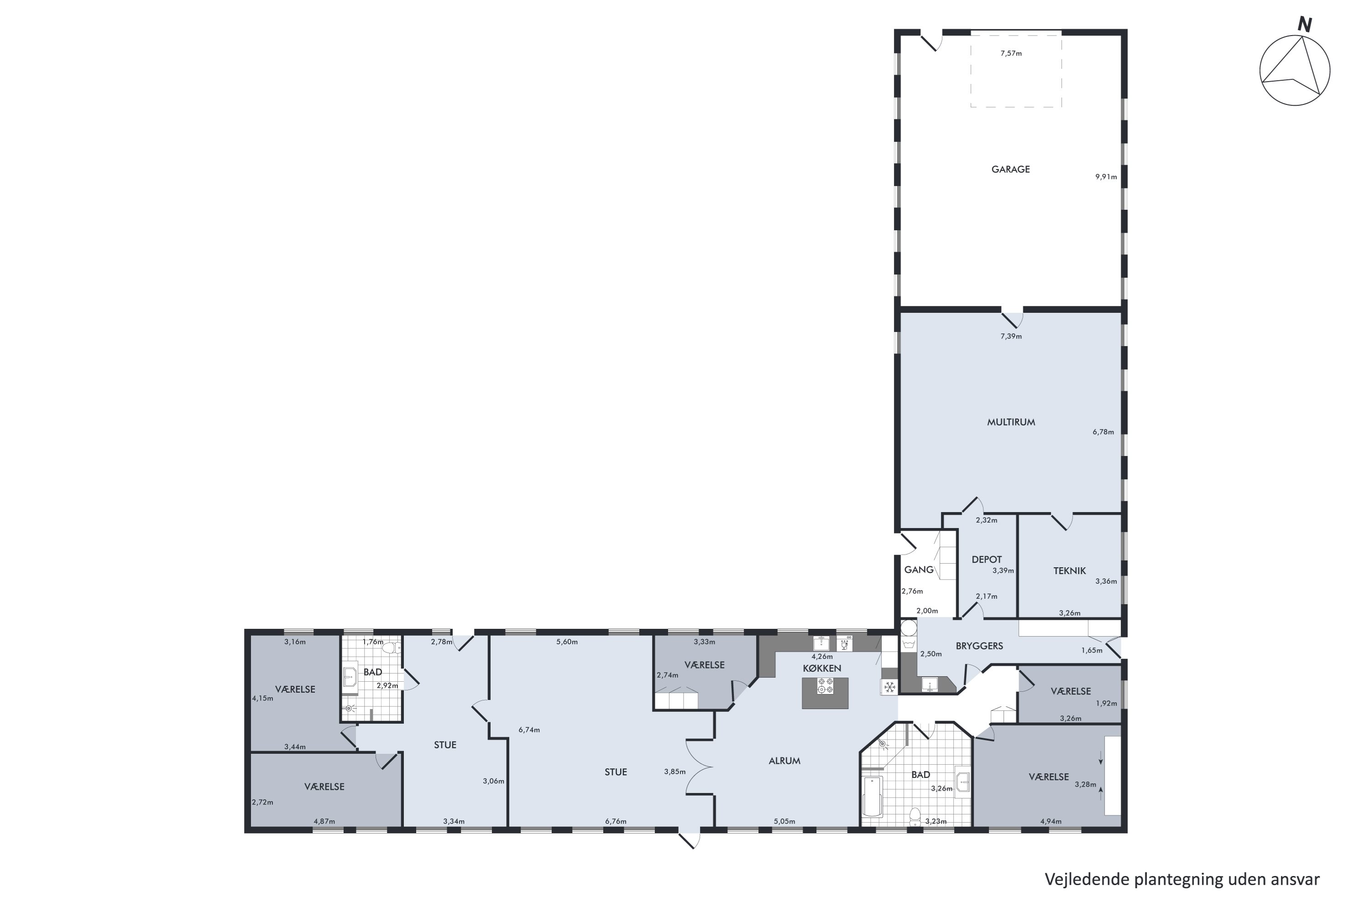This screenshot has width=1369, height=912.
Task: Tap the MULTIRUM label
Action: click(x=1011, y=422)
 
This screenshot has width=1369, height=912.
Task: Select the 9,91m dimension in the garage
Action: click(x=1106, y=177)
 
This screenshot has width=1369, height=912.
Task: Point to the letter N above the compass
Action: click(x=1304, y=25)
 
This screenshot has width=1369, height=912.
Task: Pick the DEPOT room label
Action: click(x=987, y=560)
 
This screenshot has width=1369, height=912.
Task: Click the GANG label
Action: click(x=919, y=570)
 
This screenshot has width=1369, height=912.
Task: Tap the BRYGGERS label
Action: click(x=980, y=646)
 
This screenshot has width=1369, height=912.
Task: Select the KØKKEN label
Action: click(x=822, y=668)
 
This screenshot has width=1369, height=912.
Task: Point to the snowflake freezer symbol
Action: click(x=889, y=688)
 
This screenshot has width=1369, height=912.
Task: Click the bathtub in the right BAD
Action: click(x=873, y=796)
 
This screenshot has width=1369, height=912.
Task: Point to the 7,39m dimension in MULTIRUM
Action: click(x=1011, y=336)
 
